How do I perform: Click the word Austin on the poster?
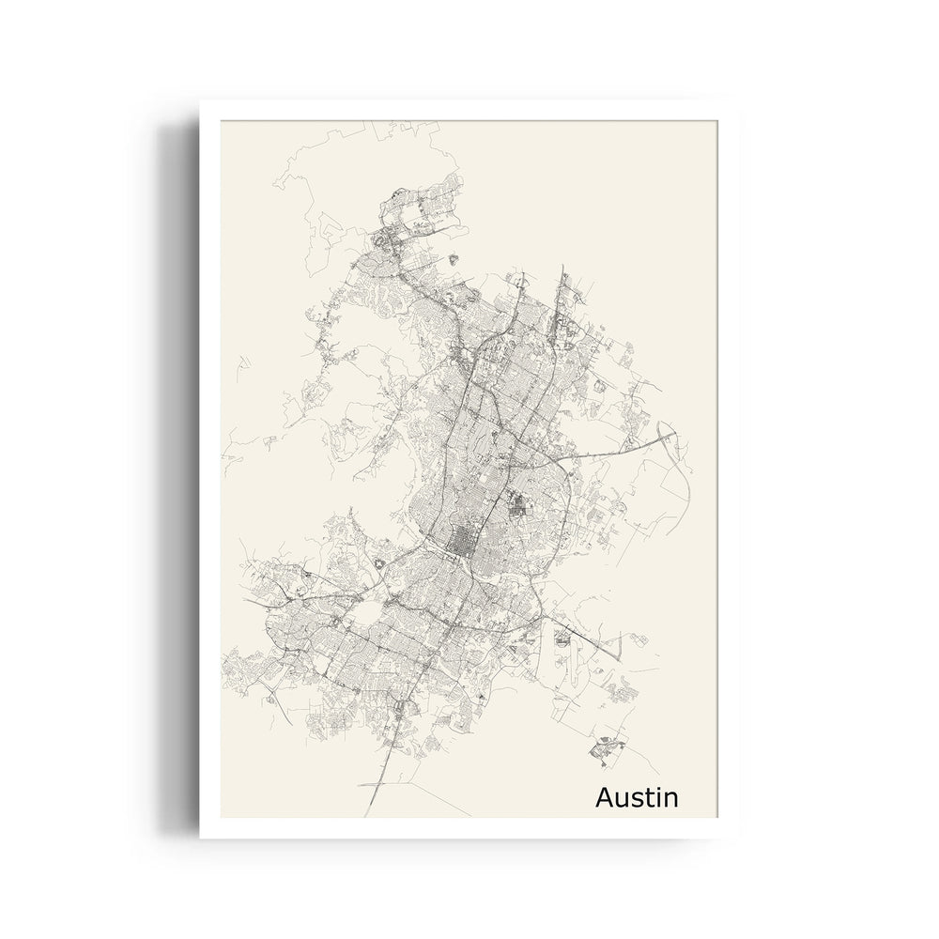pyautogui.click(x=637, y=797)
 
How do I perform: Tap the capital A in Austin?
pyautogui.click(x=606, y=797)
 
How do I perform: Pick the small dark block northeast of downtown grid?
pyautogui.click(x=517, y=508)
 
